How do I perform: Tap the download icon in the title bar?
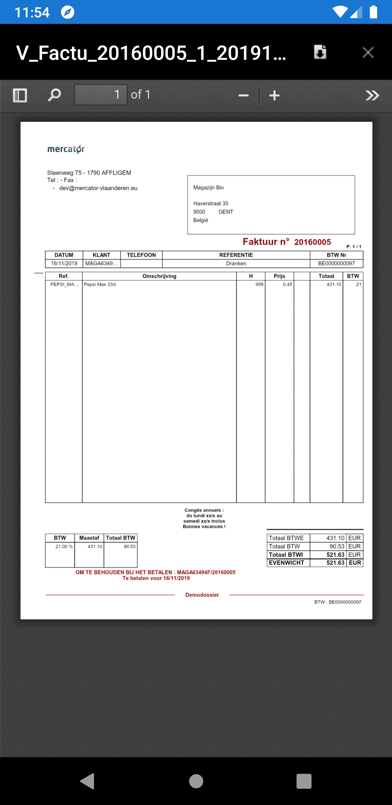tap(320, 52)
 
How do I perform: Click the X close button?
tap(368, 53)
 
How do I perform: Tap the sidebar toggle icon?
tap(20, 95)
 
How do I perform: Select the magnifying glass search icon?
tap(54, 95)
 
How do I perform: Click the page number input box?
tap(101, 95)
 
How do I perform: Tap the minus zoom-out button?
tap(243, 96)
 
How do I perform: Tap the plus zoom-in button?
tap(274, 96)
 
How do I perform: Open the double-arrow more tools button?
tap(372, 95)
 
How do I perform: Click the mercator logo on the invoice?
tap(66, 149)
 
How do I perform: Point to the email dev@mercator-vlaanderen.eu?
tap(98, 188)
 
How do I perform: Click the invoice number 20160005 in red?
tap(313, 242)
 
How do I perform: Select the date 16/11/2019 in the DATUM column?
tap(64, 264)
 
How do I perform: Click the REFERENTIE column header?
tap(236, 255)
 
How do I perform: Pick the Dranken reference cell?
tap(236, 264)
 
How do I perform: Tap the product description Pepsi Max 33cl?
tap(100, 285)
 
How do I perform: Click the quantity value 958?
tap(259, 285)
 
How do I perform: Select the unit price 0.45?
tap(287, 285)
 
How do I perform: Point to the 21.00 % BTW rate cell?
tap(64, 547)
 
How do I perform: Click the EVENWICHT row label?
tap(286, 563)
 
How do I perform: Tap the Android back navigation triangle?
tap(87, 781)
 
